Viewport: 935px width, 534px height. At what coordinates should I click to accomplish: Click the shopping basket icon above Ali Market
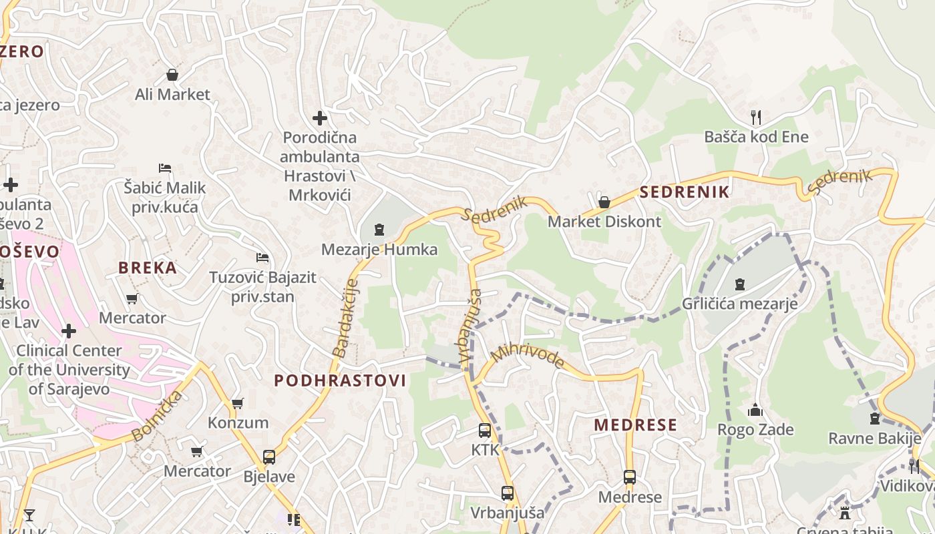click(x=172, y=74)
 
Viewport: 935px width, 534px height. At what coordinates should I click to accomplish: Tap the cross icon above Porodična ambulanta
click(x=320, y=118)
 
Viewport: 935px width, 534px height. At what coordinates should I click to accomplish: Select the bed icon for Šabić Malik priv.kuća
click(x=165, y=168)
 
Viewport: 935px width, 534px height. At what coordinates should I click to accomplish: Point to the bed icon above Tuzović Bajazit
click(x=262, y=257)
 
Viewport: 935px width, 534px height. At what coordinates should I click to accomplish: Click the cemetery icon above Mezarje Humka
click(x=379, y=230)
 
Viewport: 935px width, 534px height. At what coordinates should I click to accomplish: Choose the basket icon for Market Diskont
click(x=604, y=202)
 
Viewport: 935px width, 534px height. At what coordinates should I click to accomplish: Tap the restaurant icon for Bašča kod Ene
click(x=756, y=117)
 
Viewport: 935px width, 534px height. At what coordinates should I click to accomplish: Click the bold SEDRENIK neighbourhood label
click(x=685, y=193)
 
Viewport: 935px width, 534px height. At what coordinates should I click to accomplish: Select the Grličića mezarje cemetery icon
click(x=739, y=284)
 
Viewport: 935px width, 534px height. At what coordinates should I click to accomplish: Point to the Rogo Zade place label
click(x=755, y=429)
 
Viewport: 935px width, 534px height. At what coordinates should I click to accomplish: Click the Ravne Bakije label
click(x=874, y=439)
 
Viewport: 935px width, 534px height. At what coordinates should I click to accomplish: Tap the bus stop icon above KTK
click(x=485, y=431)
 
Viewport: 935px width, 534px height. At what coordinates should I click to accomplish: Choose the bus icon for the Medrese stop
click(x=630, y=477)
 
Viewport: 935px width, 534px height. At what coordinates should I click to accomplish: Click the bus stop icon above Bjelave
click(x=269, y=457)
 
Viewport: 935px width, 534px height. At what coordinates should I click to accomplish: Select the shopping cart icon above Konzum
click(x=237, y=403)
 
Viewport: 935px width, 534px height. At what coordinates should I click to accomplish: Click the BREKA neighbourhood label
click(x=148, y=268)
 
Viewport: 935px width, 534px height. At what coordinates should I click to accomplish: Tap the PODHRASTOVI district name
click(x=340, y=380)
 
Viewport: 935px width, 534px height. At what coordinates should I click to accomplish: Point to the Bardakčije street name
click(x=345, y=318)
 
